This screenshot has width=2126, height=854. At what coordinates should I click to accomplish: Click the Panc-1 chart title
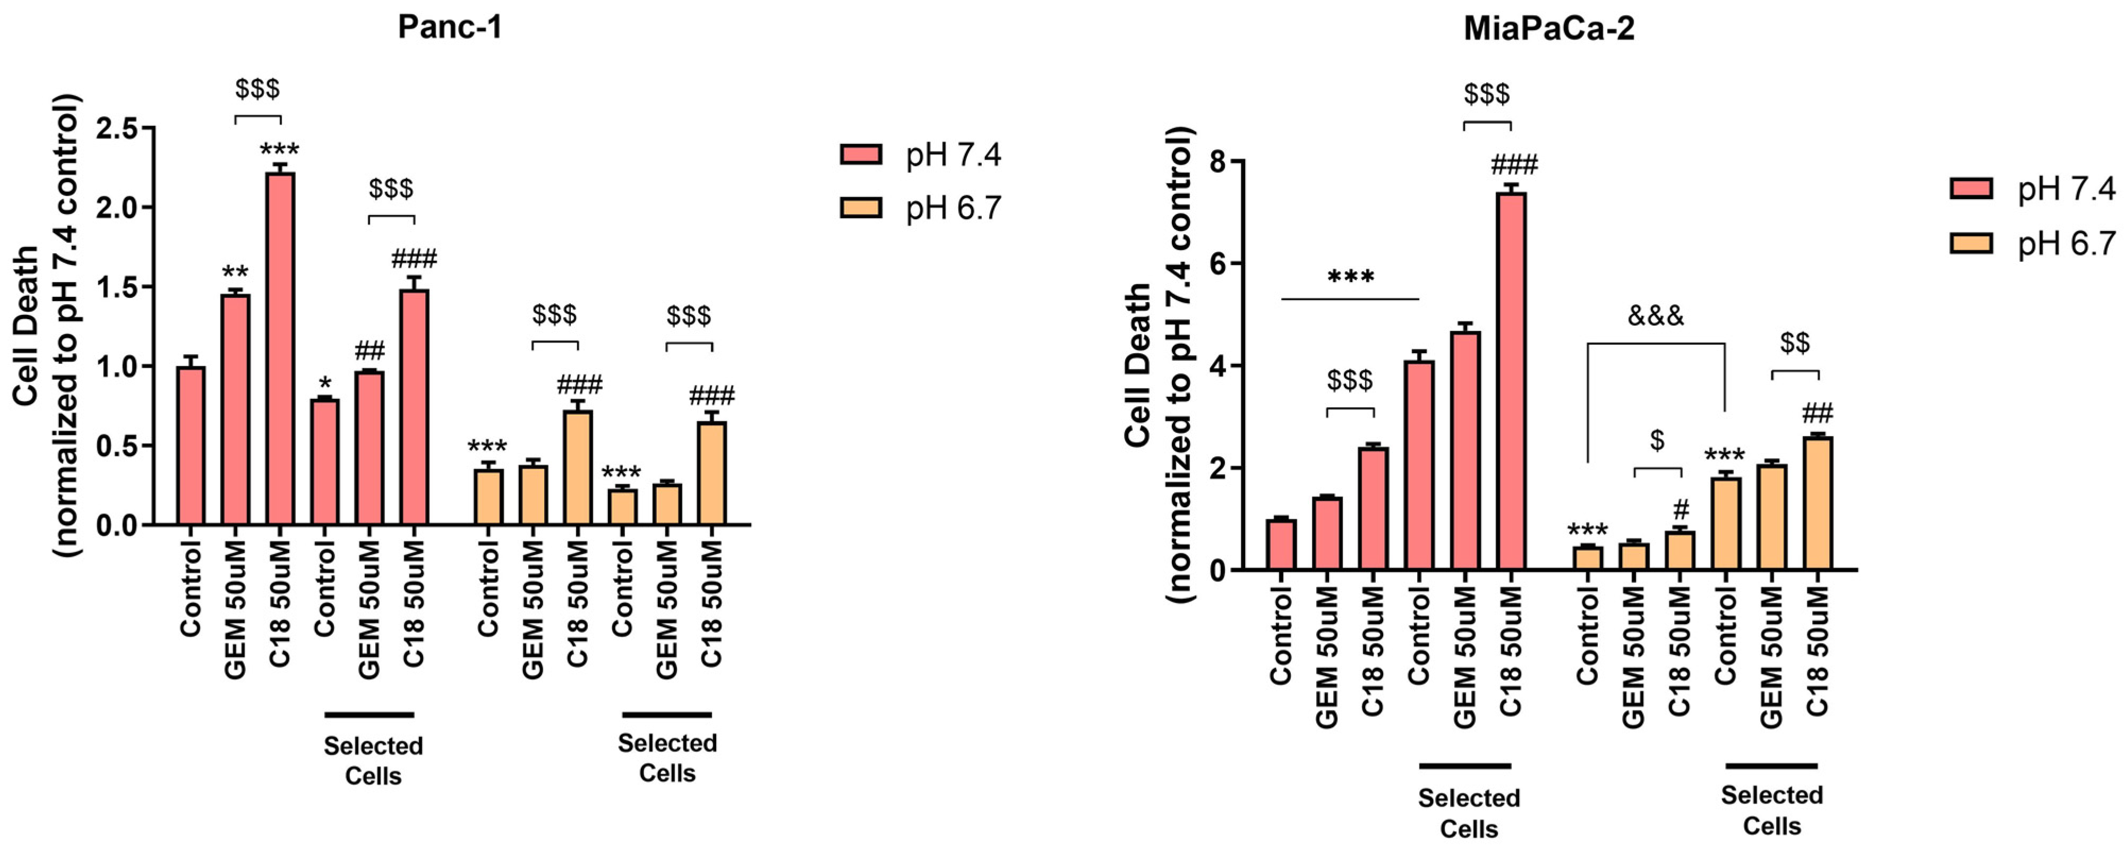coord(450,27)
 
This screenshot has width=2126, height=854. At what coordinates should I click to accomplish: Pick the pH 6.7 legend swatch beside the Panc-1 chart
coord(861,207)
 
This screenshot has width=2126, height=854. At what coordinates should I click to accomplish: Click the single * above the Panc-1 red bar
coord(324,383)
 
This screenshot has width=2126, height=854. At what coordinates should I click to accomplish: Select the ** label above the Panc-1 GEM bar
coord(235,272)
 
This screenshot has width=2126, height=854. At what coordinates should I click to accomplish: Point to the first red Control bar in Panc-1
coord(191,446)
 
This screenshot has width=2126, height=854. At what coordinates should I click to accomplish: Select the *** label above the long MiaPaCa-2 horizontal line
coord(1350,276)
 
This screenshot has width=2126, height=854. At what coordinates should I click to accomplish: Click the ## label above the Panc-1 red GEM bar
coord(369,352)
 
